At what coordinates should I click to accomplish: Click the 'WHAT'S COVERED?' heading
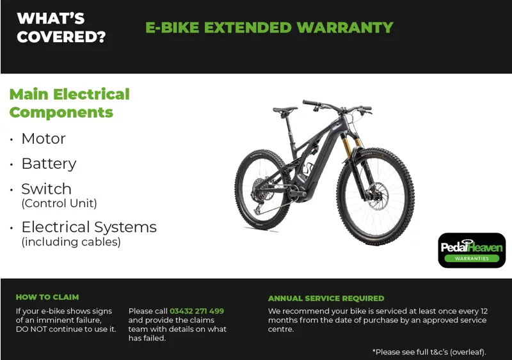tap(61, 27)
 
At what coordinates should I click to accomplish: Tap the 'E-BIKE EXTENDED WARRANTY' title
tap(269, 27)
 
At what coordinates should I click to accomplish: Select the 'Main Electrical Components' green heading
tap(69, 103)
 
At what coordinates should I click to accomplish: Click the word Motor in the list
tap(44, 139)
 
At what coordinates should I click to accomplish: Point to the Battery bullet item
tap(49, 164)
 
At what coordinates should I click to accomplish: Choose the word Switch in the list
tap(46, 189)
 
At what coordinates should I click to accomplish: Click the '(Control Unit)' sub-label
tap(59, 203)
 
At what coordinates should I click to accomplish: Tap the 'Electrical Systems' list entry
tap(89, 227)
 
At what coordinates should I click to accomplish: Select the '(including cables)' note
tap(70, 242)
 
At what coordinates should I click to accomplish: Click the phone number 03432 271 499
tap(196, 311)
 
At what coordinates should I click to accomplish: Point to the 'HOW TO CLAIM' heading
tap(47, 297)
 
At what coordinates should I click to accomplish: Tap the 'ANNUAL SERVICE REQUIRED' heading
tap(326, 299)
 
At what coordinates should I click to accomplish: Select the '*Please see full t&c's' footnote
tap(429, 352)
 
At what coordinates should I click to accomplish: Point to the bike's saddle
tap(285, 109)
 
